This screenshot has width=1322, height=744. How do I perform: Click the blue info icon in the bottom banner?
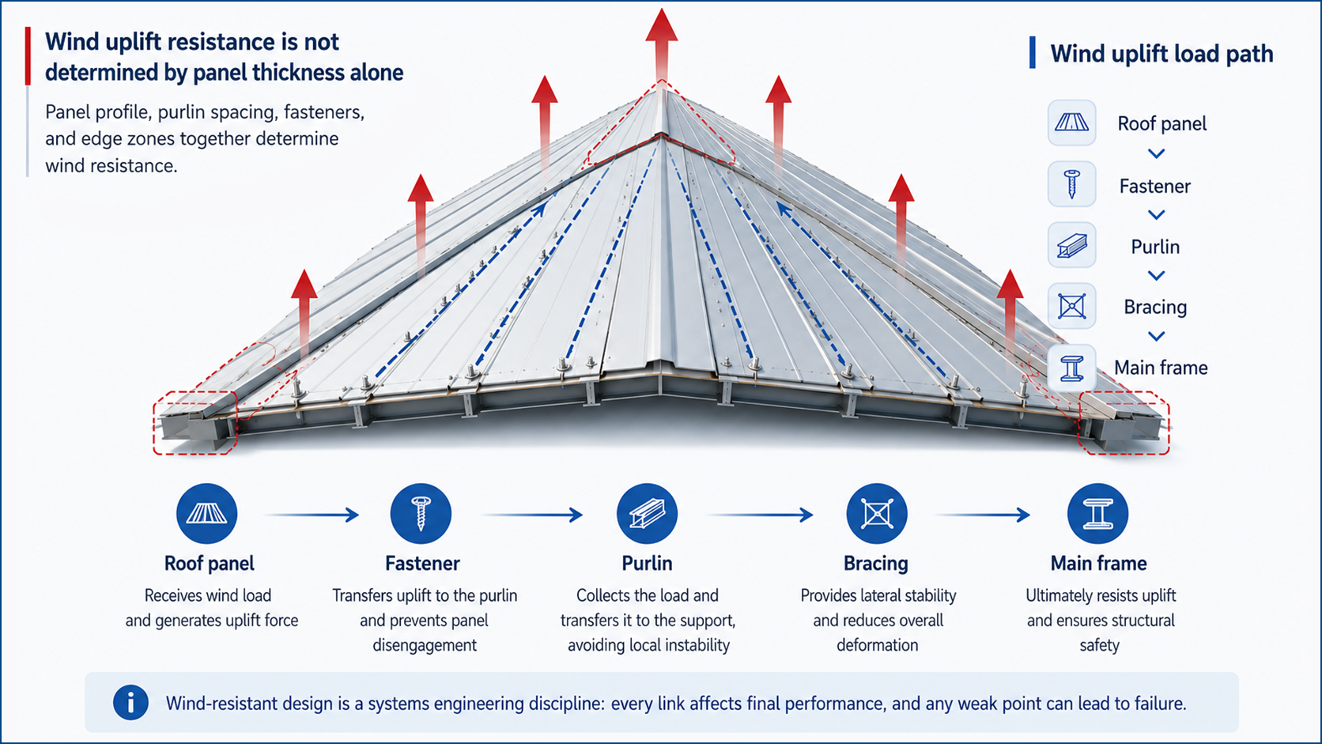(130, 703)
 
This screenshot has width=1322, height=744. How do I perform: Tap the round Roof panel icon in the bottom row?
(206, 513)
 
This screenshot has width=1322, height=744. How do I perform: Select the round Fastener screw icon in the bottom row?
(421, 513)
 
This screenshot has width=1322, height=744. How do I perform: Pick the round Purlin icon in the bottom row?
(648, 513)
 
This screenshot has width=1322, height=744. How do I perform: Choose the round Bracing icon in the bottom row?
(877, 513)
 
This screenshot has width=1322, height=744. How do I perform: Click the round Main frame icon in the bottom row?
(1097, 513)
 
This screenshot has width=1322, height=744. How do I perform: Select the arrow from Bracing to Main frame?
(983, 515)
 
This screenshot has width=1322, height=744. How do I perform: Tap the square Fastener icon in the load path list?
(1072, 183)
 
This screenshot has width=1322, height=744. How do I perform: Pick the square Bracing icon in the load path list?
(1072, 306)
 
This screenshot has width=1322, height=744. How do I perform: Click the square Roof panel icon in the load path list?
(1072, 123)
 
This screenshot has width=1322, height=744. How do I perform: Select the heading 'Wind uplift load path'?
(1161, 54)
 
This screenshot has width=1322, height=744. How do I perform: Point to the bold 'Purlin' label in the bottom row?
(647, 564)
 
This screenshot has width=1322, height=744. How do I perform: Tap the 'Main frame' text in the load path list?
(1161, 368)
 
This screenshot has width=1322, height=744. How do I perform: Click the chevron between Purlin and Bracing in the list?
(1156, 275)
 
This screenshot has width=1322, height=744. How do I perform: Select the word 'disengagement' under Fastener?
(425, 645)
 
